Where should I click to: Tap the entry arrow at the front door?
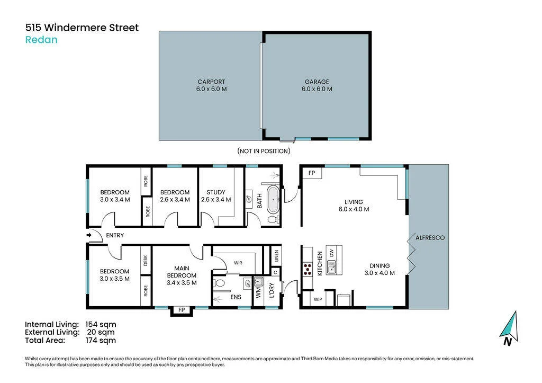click(89, 235)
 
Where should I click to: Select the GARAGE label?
click(317, 82)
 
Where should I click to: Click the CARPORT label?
click(211, 82)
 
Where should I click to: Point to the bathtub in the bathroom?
click(273, 200)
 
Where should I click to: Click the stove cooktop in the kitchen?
click(308, 269)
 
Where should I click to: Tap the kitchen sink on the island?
click(331, 268)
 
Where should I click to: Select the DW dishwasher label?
click(331, 253)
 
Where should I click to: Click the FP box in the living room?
click(312, 173)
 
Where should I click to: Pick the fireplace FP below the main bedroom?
click(182, 310)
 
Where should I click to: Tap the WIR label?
click(238, 263)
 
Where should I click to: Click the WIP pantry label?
click(318, 299)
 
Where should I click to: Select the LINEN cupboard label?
click(276, 256)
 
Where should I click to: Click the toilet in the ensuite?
click(219, 283)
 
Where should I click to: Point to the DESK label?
click(146, 261)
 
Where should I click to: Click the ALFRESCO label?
click(430, 238)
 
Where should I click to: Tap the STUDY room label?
click(216, 192)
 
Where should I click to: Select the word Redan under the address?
click(41, 40)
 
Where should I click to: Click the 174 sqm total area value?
click(101, 341)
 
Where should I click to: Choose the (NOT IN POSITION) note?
click(264, 151)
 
